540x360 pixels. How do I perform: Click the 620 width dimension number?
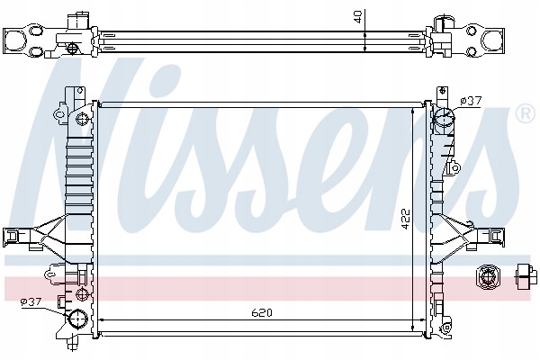click(261, 312)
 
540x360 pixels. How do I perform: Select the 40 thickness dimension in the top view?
click(358, 16)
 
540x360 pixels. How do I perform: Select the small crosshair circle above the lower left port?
click(82, 294)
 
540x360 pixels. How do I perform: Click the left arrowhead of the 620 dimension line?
click(98, 320)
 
